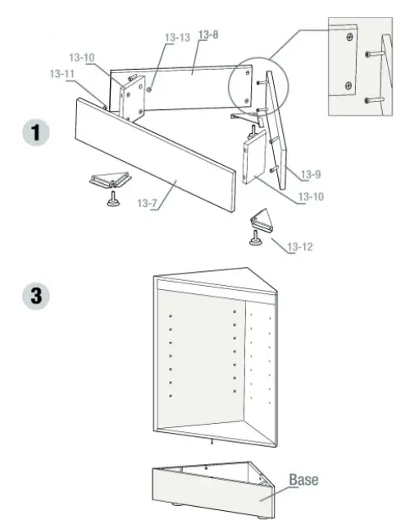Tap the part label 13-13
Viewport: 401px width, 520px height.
pos(176,37)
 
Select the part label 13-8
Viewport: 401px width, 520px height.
pos(207,35)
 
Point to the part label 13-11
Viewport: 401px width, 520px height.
pos(62,73)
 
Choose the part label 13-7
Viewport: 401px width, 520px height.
pos(148,203)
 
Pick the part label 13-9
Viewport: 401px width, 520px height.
pos(310,173)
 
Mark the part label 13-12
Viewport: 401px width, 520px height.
pos(299,246)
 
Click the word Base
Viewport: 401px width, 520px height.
pos(303,478)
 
